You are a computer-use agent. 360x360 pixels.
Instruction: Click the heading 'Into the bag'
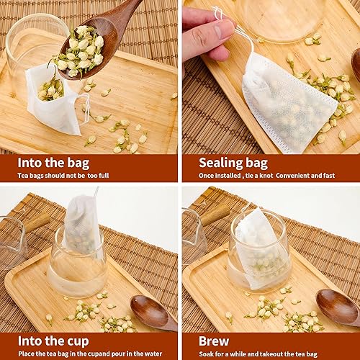tap(45, 163)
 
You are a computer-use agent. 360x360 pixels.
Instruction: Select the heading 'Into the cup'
tap(45, 341)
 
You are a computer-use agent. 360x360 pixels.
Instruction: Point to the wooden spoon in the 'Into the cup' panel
tap(151, 313)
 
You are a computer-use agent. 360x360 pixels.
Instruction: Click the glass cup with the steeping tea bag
tap(259, 252)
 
